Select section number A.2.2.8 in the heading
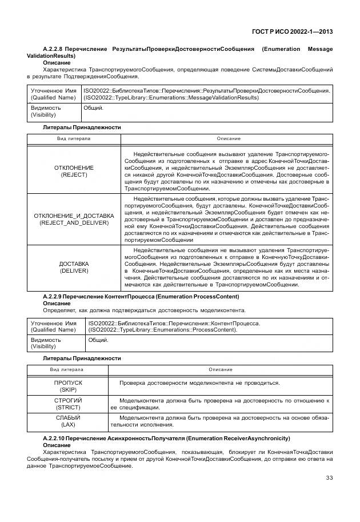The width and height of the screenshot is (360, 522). click(x=55, y=49)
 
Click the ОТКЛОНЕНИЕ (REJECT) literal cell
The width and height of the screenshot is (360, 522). click(x=74, y=171)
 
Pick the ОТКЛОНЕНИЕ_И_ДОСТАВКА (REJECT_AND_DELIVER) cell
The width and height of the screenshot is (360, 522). click(x=74, y=219)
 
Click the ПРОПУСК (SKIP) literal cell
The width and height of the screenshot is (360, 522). click(x=68, y=386)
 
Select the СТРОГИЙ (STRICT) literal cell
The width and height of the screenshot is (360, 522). click(x=68, y=404)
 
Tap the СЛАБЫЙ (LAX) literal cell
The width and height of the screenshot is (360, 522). click(x=68, y=421)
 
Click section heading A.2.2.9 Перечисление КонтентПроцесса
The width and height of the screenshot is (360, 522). click(x=141, y=297)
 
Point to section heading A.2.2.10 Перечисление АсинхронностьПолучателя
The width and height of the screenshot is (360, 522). click(x=166, y=438)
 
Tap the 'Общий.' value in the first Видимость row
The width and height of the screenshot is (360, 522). click(x=94, y=107)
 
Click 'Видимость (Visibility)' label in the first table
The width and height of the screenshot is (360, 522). click(x=46, y=111)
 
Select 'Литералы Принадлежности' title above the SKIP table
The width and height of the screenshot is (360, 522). click(x=82, y=358)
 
